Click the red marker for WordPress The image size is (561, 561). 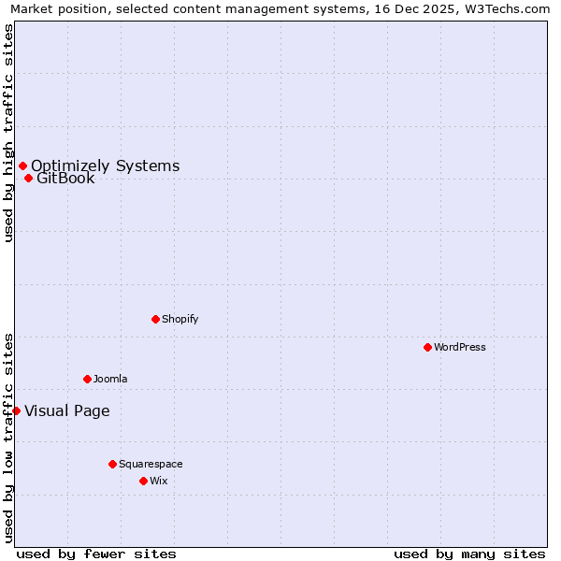pyautogui.click(x=427, y=347)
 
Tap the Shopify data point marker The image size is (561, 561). pyautogui.click(x=155, y=319)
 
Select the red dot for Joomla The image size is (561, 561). pyautogui.click(x=87, y=379)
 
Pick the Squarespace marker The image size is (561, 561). pyautogui.click(x=112, y=464)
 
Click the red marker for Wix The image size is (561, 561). pyautogui.click(x=143, y=481)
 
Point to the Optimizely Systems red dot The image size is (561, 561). pyautogui.click(x=22, y=166)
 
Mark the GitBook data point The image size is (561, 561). pyautogui.click(x=28, y=179)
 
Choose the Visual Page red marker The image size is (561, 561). pyautogui.click(x=16, y=410)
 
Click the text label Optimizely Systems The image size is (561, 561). pyautogui.click(x=105, y=166)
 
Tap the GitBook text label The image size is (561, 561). pyautogui.click(x=65, y=179)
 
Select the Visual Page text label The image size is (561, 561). pyautogui.click(x=66, y=410)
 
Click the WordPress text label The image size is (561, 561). pyautogui.click(x=459, y=347)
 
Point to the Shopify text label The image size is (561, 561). pyautogui.click(x=180, y=319)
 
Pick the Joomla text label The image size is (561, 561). pyautogui.click(x=110, y=379)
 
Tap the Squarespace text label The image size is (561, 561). pyautogui.click(x=151, y=464)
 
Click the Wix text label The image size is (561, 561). pyautogui.click(x=158, y=481)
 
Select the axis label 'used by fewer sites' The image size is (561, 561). pyautogui.click(x=96, y=554)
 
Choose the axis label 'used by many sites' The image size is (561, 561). pyautogui.click(x=469, y=554)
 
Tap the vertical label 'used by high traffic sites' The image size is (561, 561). pyautogui.click(x=9, y=133)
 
